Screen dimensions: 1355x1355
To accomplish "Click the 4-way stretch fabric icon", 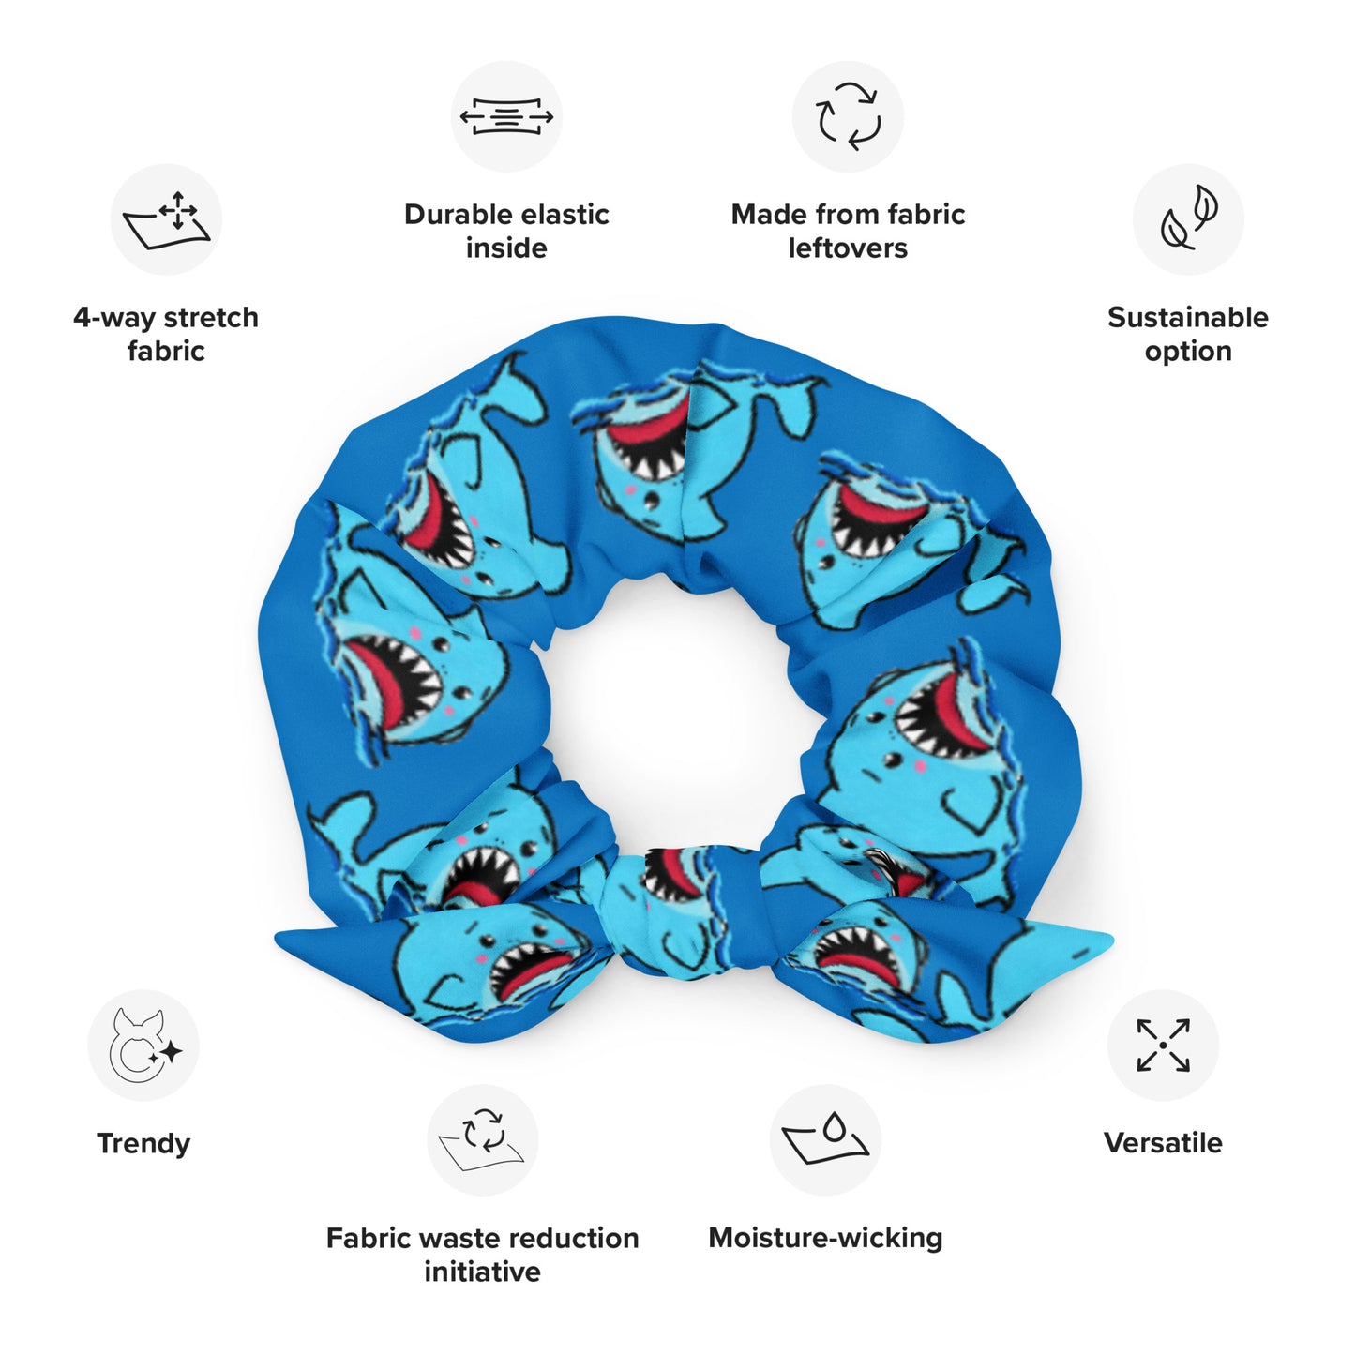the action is (x=166, y=219).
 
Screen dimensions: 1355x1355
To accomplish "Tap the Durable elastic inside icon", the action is (x=506, y=116).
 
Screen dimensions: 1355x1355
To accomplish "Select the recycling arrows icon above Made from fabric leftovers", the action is (x=848, y=116).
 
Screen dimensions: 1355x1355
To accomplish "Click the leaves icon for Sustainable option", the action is (x=1188, y=219).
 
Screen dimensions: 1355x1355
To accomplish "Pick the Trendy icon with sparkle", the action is (x=143, y=1046).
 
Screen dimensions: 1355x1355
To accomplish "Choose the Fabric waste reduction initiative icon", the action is (x=483, y=1140).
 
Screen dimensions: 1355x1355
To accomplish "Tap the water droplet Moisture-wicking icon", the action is (x=825, y=1140).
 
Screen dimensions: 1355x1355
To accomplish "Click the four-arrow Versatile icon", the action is (x=1163, y=1046).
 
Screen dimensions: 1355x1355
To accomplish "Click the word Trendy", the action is (x=143, y=1144).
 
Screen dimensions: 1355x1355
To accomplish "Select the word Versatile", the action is (x=1163, y=1143).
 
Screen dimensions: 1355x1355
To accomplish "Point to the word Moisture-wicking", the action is (x=825, y=1239).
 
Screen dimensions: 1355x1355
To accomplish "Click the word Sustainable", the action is (x=1188, y=317).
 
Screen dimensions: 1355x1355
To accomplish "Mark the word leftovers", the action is (x=848, y=248).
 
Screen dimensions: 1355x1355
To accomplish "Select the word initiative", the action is (x=483, y=1272).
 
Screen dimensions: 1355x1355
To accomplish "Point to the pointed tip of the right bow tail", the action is (x=1112, y=940).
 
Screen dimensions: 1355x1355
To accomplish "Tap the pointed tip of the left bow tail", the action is (x=276, y=938).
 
